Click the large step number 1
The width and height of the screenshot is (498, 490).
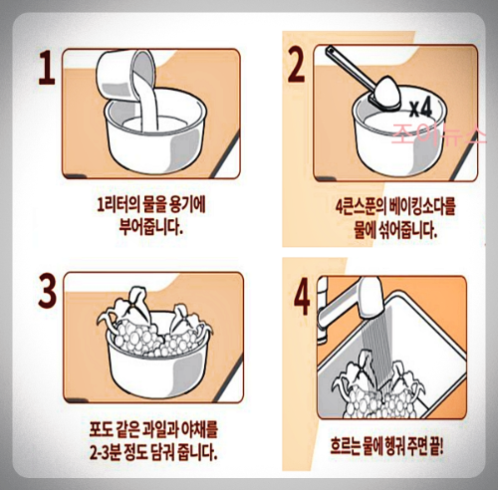click(x=47, y=68)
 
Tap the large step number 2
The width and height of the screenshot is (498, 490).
click(x=296, y=64)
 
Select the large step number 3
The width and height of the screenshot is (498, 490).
click(x=47, y=291)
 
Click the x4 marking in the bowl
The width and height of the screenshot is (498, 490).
click(x=420, y=108)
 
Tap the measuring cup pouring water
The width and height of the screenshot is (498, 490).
click(x=126, y=77)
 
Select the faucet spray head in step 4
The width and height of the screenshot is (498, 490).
click(x=372, y=297)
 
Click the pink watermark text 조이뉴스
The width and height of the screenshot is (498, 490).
click(x=439, y=134)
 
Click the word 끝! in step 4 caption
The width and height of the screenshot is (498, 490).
click(x=434, y=446)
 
